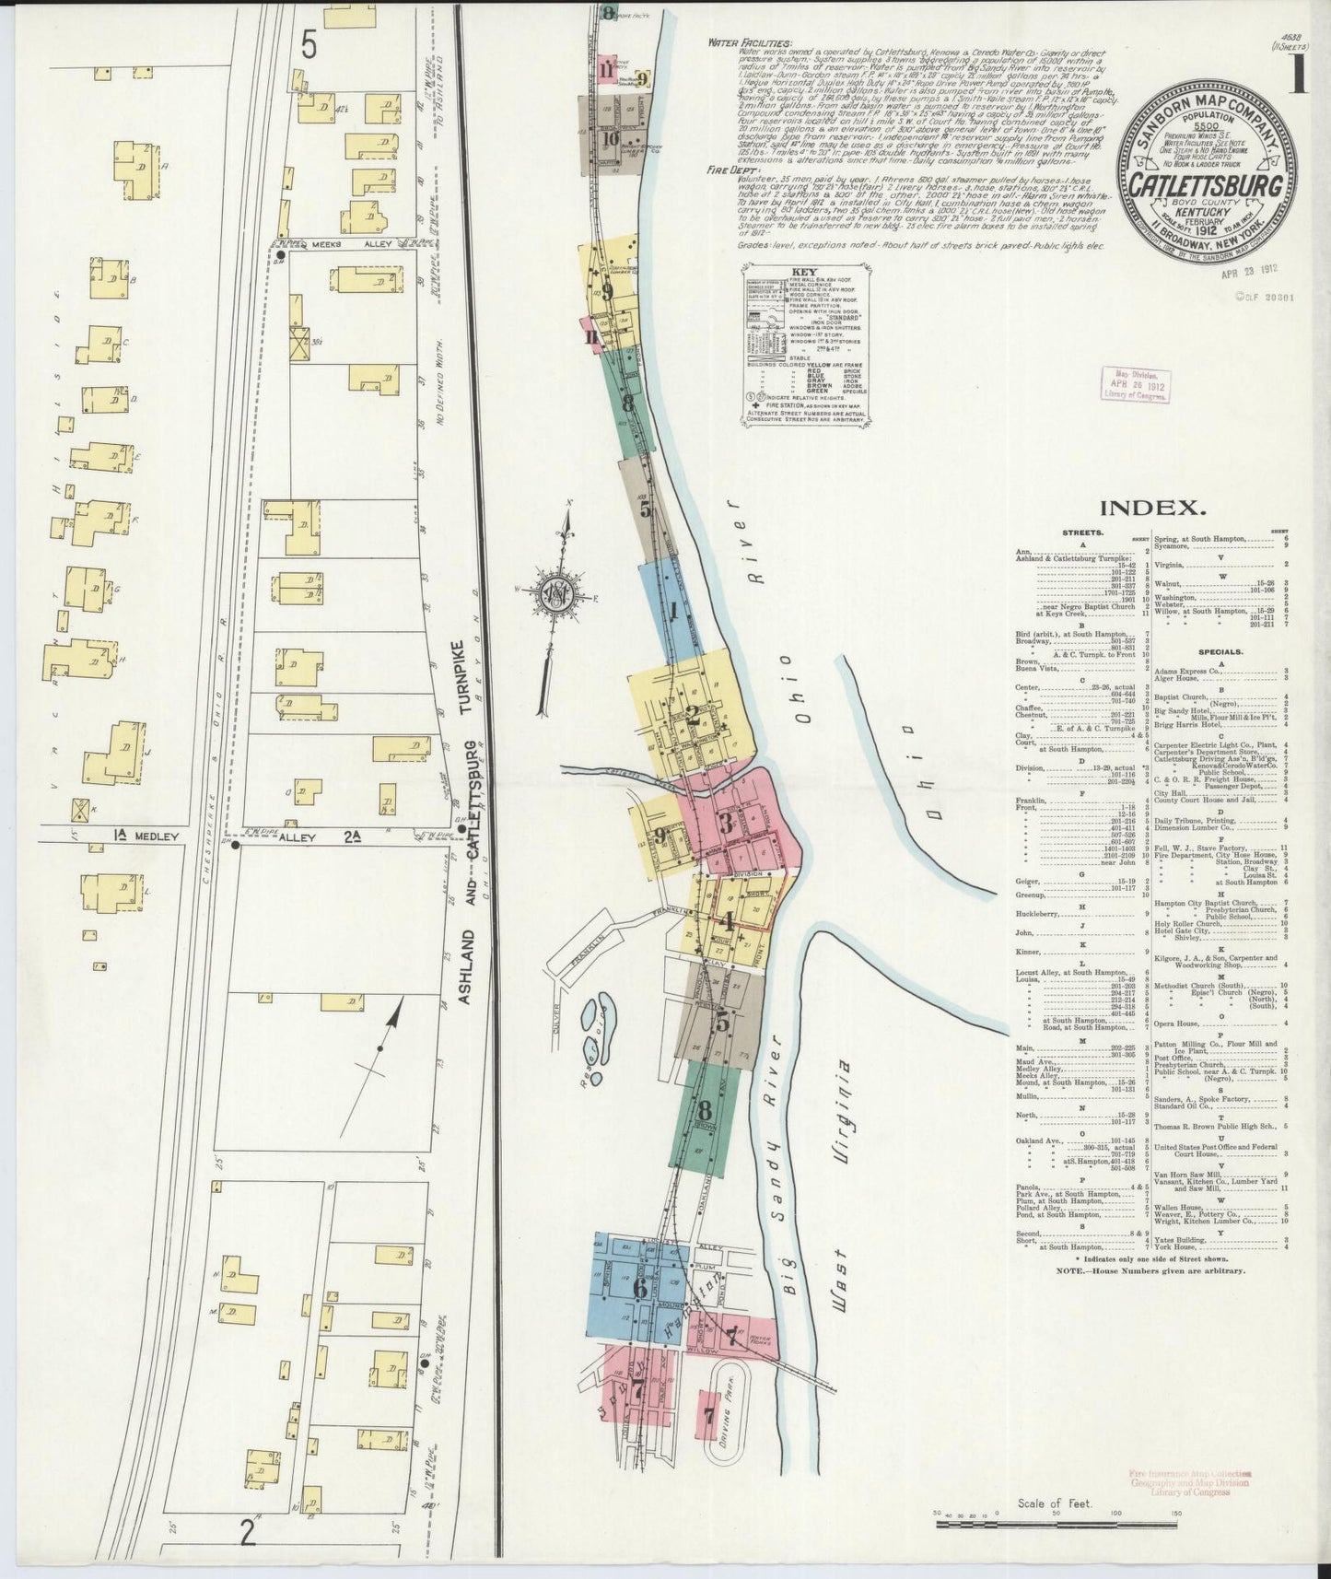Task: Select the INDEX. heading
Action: (x=1154, y=507)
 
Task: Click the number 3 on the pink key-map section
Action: (x=727, y=823)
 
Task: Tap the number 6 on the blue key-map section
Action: (x=640, y=1288)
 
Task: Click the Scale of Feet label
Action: (x=1054, y=1504)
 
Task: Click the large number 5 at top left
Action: (x=308, y=47)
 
